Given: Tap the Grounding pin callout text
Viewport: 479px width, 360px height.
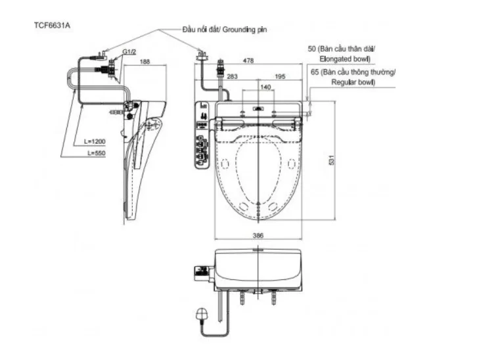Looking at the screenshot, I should click(225, 29).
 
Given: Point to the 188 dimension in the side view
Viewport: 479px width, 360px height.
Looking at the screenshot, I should click(145, 62).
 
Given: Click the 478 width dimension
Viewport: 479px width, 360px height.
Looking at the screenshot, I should click(248, 62).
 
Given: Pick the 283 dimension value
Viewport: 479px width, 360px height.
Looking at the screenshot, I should click(232, 76).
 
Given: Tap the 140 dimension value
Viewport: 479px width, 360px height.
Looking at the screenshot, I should click(265, 87).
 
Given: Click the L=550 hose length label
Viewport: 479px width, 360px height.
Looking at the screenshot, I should click(95, 152).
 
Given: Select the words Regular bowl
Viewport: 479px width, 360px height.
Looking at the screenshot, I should click(353, 83).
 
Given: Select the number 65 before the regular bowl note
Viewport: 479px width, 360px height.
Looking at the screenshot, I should click(315, 73).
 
